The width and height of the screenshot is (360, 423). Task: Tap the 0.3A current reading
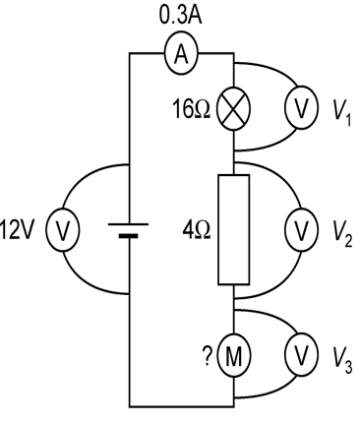[x=180, y=17]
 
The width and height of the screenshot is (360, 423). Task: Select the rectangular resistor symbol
[x=233, y=229]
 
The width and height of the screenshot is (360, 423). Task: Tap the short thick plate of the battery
[x=130, y=237]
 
